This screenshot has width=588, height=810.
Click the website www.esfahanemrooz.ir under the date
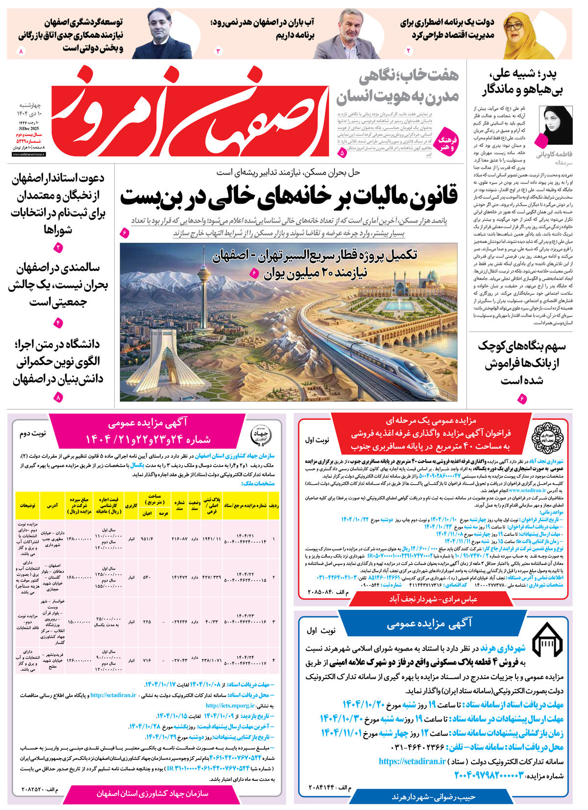pyautogui.click(x=25, y=154)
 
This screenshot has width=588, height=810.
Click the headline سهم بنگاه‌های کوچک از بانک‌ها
pyautogui.click(x=521, y=363)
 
